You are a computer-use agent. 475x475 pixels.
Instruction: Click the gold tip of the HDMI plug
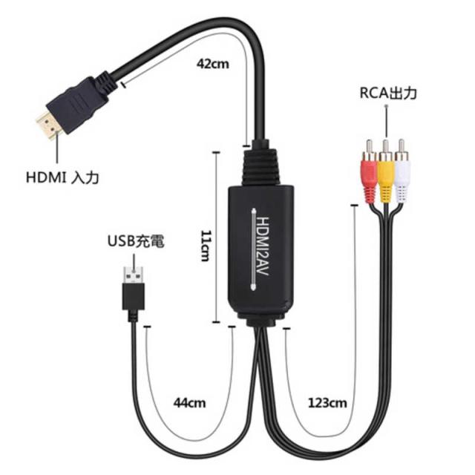point(48,125)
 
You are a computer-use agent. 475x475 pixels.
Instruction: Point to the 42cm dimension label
point(213,64)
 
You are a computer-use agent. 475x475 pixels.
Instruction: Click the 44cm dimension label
point(190,403)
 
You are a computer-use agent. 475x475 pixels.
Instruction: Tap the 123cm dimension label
point(327,403)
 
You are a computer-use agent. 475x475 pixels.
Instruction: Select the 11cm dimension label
point(206,246)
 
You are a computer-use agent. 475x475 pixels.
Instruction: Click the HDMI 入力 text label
point(62,177)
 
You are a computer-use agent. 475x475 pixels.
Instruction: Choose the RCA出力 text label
point(388,93)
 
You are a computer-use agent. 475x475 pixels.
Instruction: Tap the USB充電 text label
point(136,241)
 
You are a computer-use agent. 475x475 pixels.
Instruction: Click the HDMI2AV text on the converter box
point(263,246)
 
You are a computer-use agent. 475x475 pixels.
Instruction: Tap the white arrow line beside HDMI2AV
point(253,249)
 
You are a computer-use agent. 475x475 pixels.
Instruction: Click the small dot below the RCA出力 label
point(386,106)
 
